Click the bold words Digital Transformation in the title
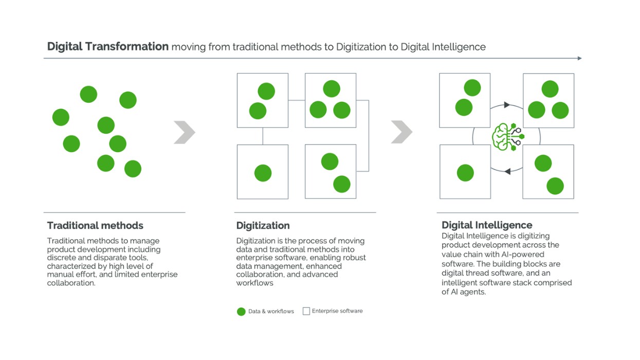(x=108, y=47)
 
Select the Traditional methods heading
(x=95, y=225)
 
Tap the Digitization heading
(x=263, y=225)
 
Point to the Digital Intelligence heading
(x=487, y=225)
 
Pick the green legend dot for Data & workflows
(x=241, y=312)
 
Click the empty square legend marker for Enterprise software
(x=306, y=311)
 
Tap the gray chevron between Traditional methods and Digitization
(x=184, y=132)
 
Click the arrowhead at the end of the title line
(x=579, y=58)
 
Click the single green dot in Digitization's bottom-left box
(x=263, y=173)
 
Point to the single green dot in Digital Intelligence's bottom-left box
(x=465, y=173)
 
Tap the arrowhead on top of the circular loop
(x=507, y=105)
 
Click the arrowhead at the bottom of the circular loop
(x=507, y=171)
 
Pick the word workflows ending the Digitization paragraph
(x=254, y=283)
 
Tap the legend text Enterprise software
(x=337, y=311)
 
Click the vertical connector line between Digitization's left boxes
(x=263, y=136)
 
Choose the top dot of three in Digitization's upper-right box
(x=332, y=88)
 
